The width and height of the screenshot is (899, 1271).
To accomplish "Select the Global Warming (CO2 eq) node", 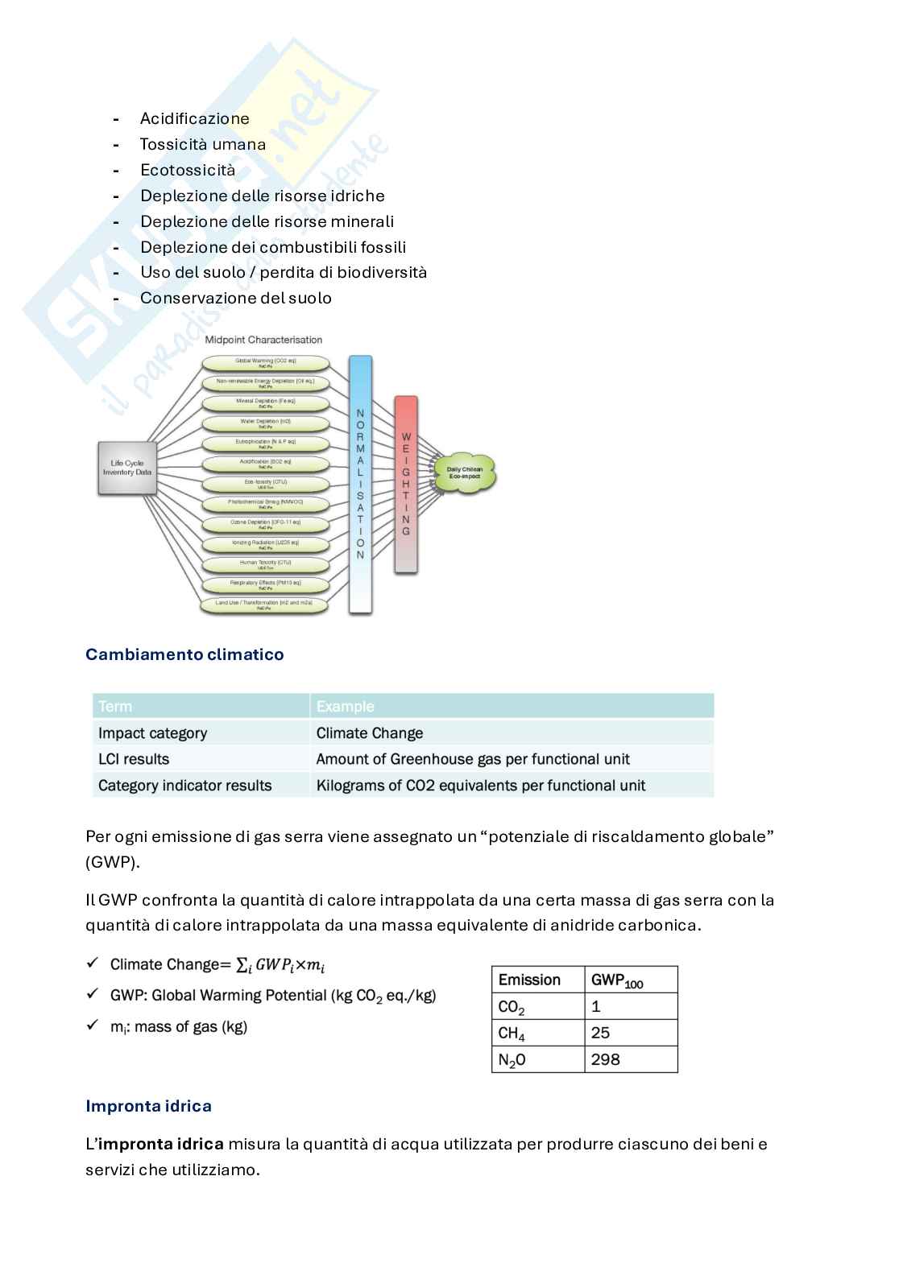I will [x=265, y=362].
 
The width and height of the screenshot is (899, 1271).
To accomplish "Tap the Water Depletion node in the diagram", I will [x=265, y=423].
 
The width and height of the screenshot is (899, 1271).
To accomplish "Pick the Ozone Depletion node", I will [x=265, y=523].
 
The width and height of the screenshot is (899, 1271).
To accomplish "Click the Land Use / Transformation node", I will [x=264, y=604].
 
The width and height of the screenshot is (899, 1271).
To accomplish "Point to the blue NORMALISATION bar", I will [x=360, y=483].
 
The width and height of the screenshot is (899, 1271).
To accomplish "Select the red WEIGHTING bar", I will [x=405, y=483].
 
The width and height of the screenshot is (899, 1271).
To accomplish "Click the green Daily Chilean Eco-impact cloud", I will [x=465, y=472].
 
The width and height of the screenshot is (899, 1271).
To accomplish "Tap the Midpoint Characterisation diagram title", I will [x=263, y=340].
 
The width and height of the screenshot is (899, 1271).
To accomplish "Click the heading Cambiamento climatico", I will [x=184, y=654].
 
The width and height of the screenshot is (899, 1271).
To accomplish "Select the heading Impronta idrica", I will [x=148, y=1106].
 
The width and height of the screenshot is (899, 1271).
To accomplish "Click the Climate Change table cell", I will [x=370, y=733].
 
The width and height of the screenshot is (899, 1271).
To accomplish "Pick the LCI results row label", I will [x=134, y=759].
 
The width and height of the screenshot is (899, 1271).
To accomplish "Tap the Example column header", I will [x=345, y=707].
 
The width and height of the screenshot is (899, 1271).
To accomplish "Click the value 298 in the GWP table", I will [x=606, y=1059].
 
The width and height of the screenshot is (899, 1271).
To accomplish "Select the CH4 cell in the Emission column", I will [x=512, y=1034].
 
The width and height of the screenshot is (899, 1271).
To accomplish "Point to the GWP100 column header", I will [x=616, y=980].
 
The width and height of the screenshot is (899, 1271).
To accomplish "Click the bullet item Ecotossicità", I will [x=188, y=170].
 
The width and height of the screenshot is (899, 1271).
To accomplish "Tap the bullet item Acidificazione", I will [x=194, y=118].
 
